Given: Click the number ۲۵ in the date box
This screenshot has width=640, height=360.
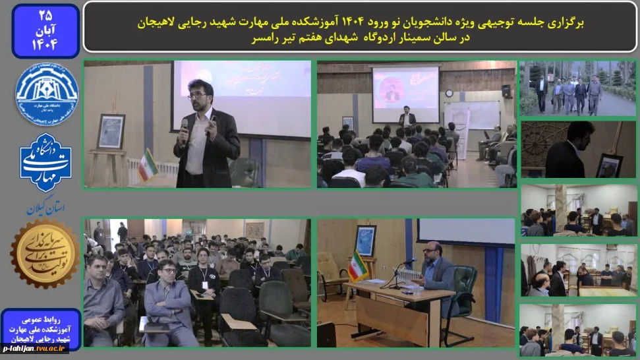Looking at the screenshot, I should (45, 14).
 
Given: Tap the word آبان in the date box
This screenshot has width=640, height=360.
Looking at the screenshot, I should (45, 30).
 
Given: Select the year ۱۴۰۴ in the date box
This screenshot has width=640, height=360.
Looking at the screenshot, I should (45, 45).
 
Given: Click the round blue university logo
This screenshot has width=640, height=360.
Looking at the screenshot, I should (45, 94).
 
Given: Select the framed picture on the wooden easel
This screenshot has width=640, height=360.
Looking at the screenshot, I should (110, 131).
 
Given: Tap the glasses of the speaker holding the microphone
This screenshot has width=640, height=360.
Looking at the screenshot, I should (196, 96).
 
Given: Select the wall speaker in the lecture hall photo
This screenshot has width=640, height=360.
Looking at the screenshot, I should (506, 91).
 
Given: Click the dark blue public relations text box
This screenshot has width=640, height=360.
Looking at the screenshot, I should (40, 327).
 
